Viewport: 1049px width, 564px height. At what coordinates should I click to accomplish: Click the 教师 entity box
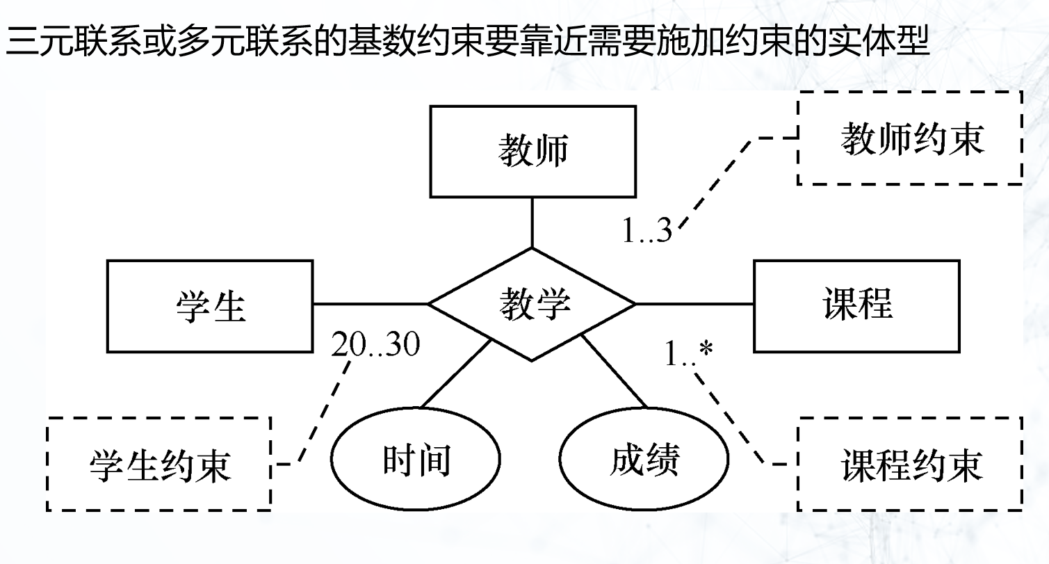(x=532, y=151)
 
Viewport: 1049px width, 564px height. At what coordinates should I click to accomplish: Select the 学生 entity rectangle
(x=209, y=305)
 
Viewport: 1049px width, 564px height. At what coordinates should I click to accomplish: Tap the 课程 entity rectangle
(x=856, y=305)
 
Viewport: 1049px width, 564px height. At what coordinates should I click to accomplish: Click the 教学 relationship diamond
(x=532, y=305)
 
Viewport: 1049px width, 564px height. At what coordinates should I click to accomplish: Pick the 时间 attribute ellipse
(x=416, y=460)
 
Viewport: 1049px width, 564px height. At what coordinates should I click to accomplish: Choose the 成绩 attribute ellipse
(x=644, y=460)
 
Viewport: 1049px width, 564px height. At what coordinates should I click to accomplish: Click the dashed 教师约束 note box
(x=910, y=138)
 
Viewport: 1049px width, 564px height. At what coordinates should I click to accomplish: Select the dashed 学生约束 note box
(x=158, y=464)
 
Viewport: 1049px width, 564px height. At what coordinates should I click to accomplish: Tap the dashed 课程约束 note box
(x=910, y=464)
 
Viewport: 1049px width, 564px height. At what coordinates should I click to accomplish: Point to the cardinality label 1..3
(x=647, y=232)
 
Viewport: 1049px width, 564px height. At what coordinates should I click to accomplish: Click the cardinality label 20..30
(x=375, y=344)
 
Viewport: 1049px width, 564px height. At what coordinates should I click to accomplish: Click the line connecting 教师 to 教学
(x=532, y=223)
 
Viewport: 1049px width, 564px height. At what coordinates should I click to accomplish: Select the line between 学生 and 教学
(x=370, y=304)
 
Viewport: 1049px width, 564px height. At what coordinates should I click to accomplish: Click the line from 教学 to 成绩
(x=615, y=372)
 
